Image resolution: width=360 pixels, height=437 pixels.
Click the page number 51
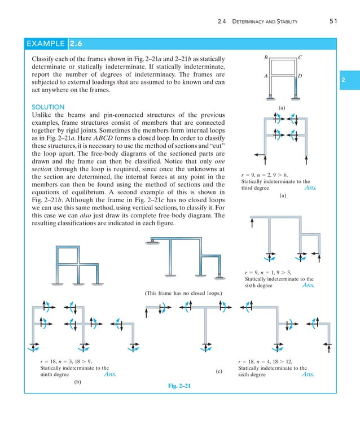(x=332, y=22)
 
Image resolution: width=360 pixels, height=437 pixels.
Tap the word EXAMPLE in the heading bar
(x=46, y=43)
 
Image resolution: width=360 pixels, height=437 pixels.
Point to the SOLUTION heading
(x=48, y=107)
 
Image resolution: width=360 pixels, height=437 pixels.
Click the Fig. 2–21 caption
(x=180, y=386)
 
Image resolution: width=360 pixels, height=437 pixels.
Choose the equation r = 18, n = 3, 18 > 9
(x=66, y=361)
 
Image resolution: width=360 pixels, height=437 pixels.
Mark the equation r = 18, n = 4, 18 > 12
(x=266, y=361)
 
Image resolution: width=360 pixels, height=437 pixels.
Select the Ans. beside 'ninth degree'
(x=109, y=374)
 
